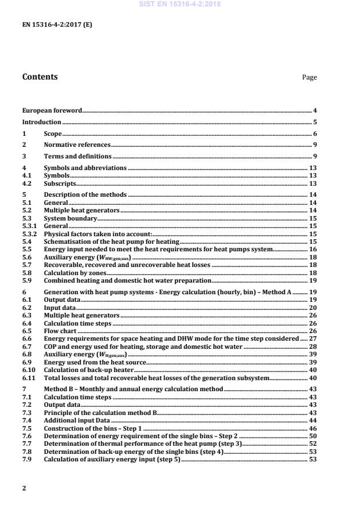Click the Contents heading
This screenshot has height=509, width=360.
[39, 77]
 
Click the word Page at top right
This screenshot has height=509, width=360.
[309, 77]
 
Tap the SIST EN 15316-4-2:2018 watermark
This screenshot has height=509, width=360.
[179, 4]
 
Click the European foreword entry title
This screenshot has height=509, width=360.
[52, 110]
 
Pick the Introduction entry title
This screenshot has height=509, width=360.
[41, 122]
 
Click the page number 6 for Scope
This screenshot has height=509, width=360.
[315, 133]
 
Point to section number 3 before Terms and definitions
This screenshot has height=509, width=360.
[24, 157]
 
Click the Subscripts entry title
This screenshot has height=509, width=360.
[60, 183]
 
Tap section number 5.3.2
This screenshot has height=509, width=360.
[28, 233]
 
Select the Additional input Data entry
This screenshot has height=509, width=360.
[77, 402]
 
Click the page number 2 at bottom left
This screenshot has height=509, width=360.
[24, 488]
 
